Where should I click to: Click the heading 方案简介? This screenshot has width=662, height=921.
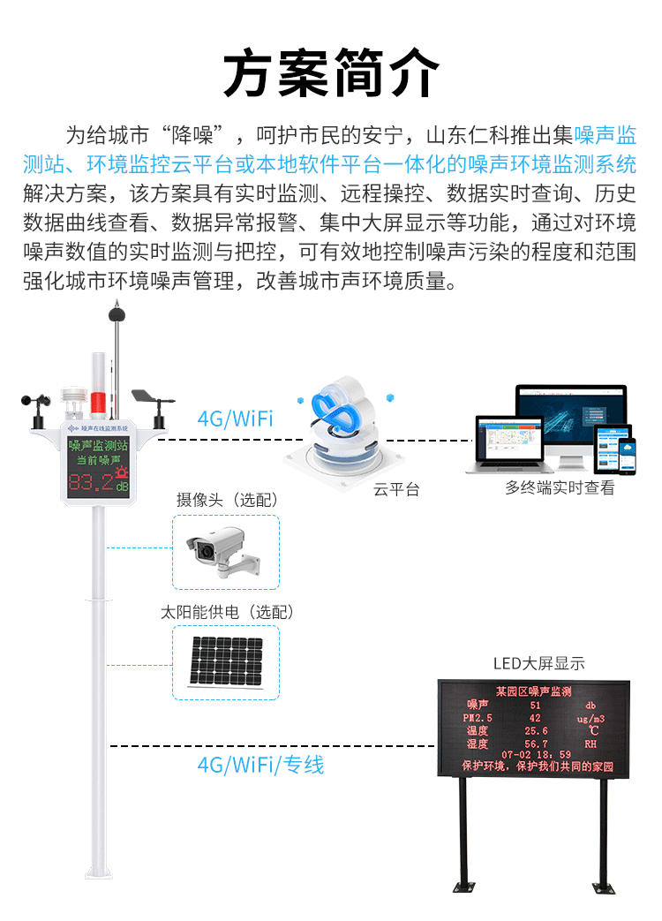point(331,72)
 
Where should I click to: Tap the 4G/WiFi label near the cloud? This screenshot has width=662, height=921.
point(235,419)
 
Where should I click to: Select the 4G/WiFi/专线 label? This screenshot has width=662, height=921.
point(260,765)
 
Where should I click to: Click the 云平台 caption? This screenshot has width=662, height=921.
point(396,489)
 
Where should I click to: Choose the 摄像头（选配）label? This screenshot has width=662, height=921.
point(227,501)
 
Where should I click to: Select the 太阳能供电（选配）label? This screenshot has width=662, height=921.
point(227,612)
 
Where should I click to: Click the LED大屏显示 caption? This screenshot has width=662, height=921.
point(538,664)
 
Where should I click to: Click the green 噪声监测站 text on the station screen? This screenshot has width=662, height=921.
point(98,444)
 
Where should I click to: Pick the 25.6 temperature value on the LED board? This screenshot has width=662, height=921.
point(536,731)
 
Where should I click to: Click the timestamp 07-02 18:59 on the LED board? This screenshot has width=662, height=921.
point(536,755)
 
